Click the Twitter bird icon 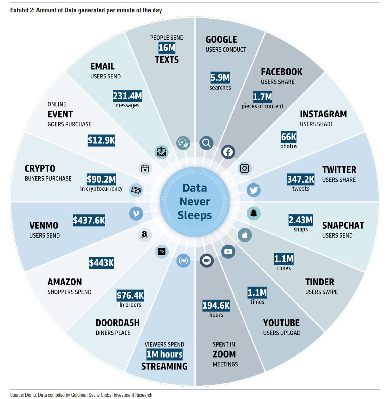pyautogui.click(x=254, y=190)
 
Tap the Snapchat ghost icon pyautogui.click(x=254, y=213)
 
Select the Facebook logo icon pyautogui.click(x=228, y=152)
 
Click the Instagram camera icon pyautogui.click(x=244, y=168)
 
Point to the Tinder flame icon pyautogui.click(x=245, y=235)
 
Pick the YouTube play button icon pyautogui.click(x=228, y=252)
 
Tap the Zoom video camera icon pyautogui.click(x=207, y=261)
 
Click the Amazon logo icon pyautogui.click(x=145, y=235)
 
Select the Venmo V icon pyautogui.click(x=136, y=213)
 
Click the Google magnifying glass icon pyautogui.click(x=206, y=143)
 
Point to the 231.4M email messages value pyautogui.click(x=127, y=96)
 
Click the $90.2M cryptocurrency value pyautogui.click(x=101, y=179)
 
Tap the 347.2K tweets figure pyautogui.click(x=301, y=179)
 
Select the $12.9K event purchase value pyautogui.click(x=101, y=141)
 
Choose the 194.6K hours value pyautogui.click(x=216, y=305)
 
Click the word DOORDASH pyautogui.click(x=117, y=323)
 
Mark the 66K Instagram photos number pyautogui.click(x=289, y=137)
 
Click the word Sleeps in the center pyautogui.click(x=195, y=215)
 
